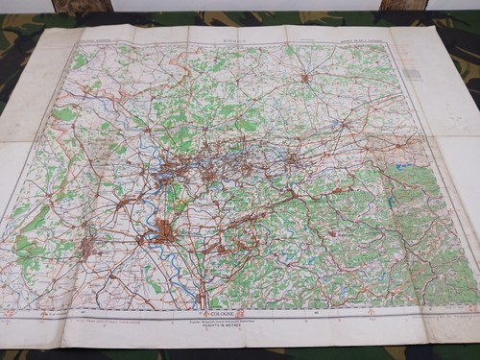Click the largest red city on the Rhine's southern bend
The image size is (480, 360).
(x=168, y=231)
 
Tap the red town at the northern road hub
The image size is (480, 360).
(x=303, y=77)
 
